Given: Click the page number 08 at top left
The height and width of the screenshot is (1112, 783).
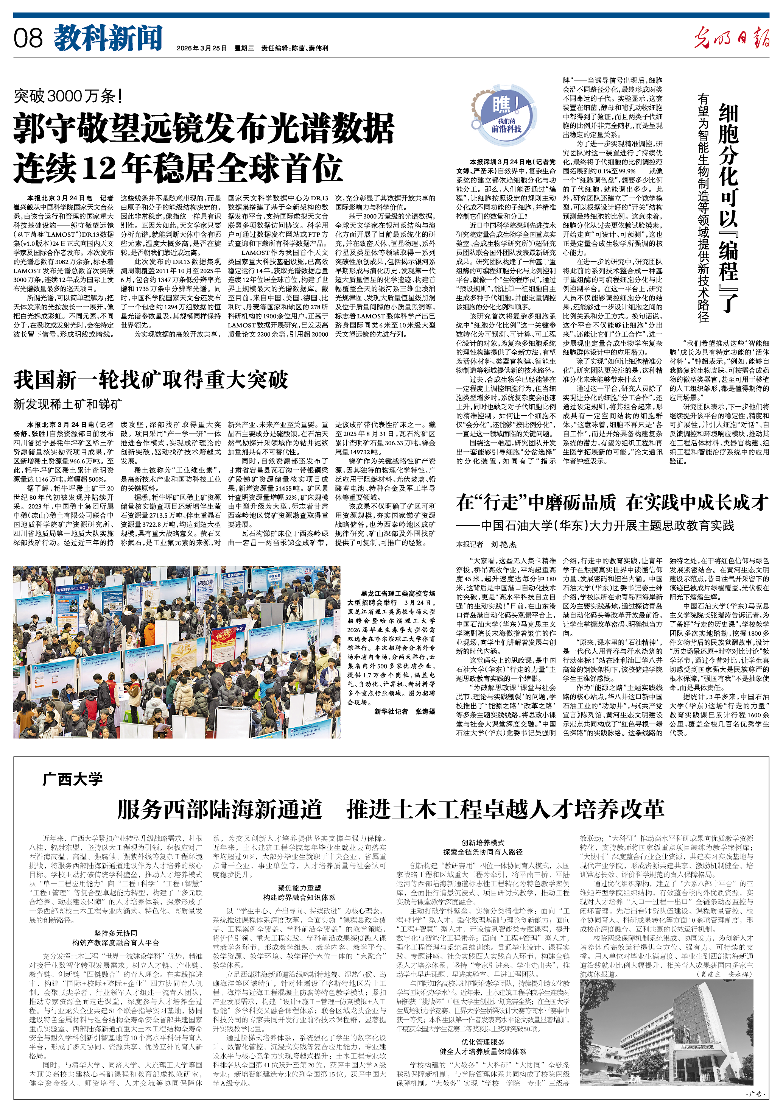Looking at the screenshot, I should (28, 39).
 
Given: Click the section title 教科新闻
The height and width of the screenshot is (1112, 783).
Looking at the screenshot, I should (108, 39).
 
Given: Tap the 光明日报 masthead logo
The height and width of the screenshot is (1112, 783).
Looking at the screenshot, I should (731, 38).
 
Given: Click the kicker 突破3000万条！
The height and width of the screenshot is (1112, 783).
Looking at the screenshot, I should (67, 96).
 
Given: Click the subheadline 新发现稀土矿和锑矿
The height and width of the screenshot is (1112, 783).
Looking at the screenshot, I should (67, 404).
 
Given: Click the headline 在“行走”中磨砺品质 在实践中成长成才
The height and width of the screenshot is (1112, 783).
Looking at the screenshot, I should (612, 502).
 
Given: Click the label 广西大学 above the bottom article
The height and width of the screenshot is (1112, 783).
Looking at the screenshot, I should (73, 779).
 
